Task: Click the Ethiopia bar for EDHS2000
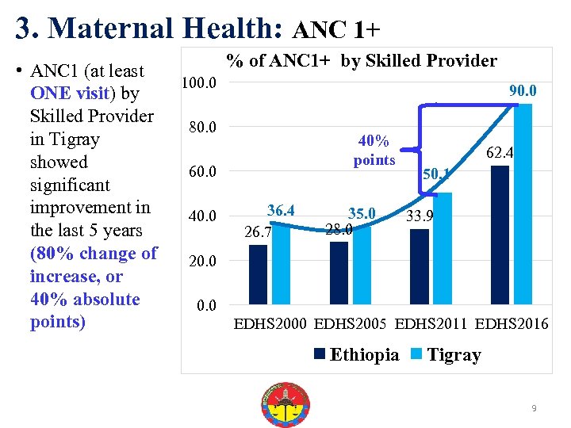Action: pos(259,274)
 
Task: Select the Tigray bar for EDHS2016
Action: pos(523,204)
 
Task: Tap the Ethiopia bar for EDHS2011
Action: pos(420,266)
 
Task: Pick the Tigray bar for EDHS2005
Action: pos(362,265)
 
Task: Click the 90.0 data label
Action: pos(523,91)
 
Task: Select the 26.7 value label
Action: pos(258,232)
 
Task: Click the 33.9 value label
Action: pos(419,216)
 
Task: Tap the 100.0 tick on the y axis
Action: pos(201,83)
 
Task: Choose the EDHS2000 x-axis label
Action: pos(270,324)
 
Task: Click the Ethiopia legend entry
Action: pos(357,354)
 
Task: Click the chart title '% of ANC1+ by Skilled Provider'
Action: pos(362,61)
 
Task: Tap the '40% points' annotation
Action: pos(374,151)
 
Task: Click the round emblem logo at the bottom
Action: pos(285,405)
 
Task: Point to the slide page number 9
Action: pos(535,408)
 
